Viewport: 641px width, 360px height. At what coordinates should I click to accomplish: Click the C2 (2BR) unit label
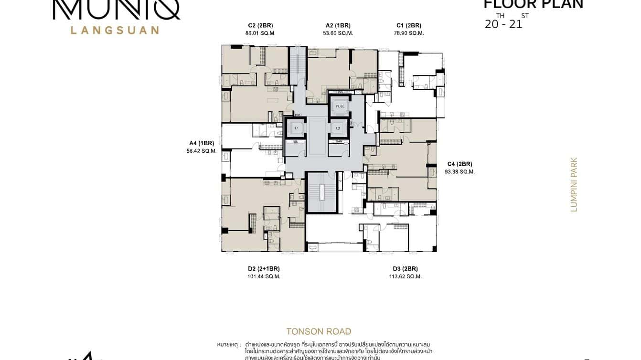(260, 25)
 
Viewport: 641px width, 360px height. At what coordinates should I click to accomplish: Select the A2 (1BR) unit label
(338, 25)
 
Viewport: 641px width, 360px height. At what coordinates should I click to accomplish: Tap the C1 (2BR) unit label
(409, 25)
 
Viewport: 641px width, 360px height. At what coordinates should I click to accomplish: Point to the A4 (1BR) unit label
(202, 143)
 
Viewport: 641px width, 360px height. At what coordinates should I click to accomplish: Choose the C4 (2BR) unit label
(459, 163)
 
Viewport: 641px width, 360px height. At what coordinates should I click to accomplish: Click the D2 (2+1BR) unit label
(260, 268)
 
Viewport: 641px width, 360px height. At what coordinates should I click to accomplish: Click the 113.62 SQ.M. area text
(406, 276)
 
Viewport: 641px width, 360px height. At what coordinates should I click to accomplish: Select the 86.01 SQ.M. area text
(260, 33)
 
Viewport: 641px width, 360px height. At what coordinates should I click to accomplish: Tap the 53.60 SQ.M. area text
(338, 33)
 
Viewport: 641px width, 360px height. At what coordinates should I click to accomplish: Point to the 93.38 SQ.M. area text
(459, 172)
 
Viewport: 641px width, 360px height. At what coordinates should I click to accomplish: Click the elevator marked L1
(296, 128)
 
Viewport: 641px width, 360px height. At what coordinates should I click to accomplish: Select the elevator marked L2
(338, 128)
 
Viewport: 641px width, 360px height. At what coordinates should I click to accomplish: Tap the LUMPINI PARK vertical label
(574, 184)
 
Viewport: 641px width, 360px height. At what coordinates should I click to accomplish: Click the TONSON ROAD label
(319, 331)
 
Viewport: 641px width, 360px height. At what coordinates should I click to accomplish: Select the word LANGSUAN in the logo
(115, 30)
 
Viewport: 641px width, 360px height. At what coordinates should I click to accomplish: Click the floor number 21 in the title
(515, 24)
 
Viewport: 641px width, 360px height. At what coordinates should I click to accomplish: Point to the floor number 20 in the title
(491, 24)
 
